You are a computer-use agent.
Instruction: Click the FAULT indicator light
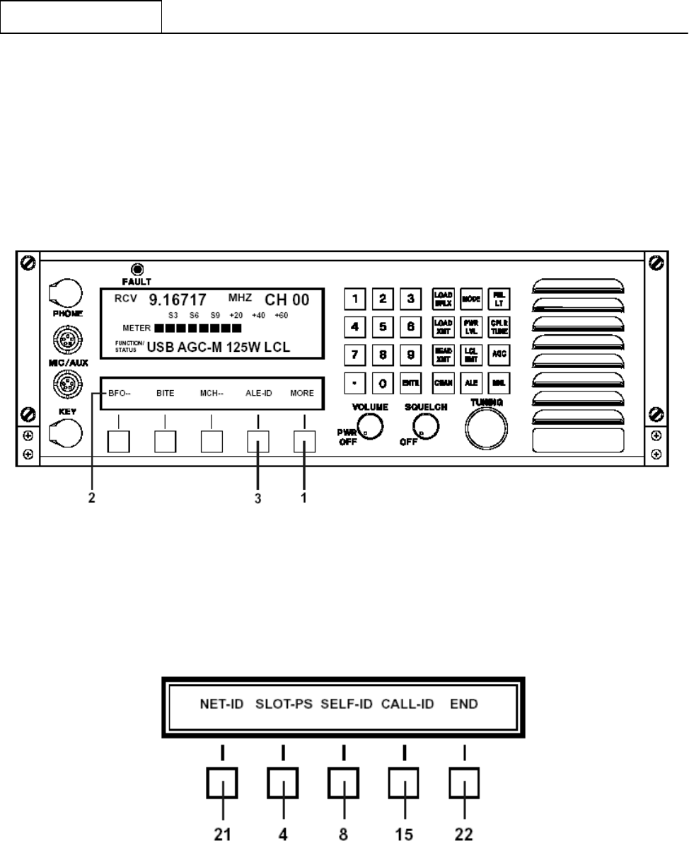click(137, 269)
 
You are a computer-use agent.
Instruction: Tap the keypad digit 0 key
click(382, 383)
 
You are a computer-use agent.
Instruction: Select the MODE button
click(471, 299)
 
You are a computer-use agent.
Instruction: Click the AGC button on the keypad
click(497, 353)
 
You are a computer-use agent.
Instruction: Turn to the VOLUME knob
click(370, 425)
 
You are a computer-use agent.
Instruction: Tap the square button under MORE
click(304, 442)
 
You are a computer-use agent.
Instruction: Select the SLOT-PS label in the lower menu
click(284, 704)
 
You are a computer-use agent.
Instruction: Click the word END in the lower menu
click(465, 704)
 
